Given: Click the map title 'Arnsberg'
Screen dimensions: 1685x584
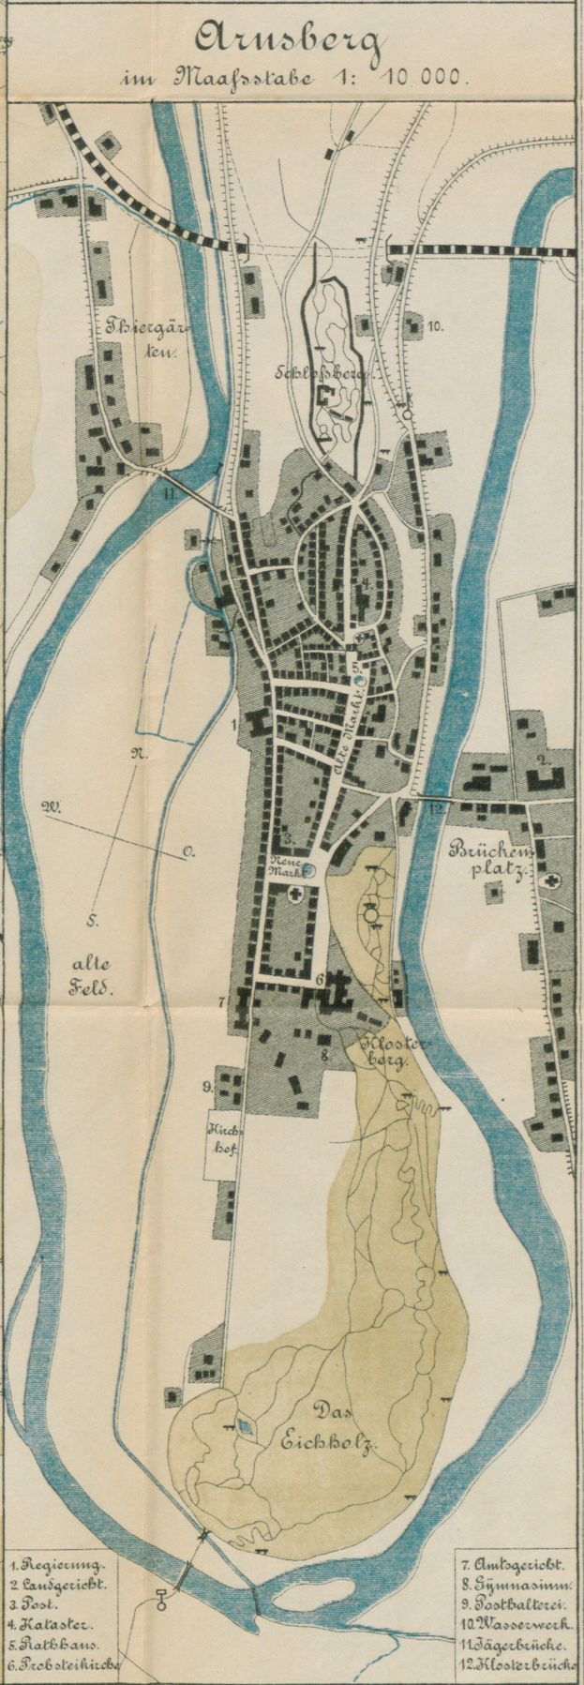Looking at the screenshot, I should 290,42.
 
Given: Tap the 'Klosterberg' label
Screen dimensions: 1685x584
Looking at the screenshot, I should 384,1051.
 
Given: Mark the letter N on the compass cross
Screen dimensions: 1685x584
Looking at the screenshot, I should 137,751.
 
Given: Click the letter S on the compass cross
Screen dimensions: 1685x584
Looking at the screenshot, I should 94,921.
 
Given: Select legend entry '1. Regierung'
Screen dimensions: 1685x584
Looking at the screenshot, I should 58,1565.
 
